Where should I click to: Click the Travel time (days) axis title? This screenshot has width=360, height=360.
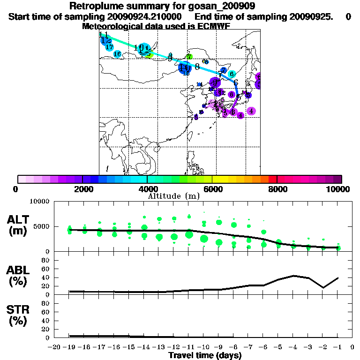coord(205,355)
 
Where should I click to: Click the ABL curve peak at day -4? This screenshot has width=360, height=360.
coord(293,276)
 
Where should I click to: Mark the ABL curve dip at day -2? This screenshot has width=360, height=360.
coord(323,287)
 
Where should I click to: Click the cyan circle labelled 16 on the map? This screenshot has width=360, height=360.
coord(117,54)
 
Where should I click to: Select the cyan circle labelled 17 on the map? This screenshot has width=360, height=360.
coord(110,47)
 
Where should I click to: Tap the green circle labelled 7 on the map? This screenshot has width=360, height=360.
coord(188,57)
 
